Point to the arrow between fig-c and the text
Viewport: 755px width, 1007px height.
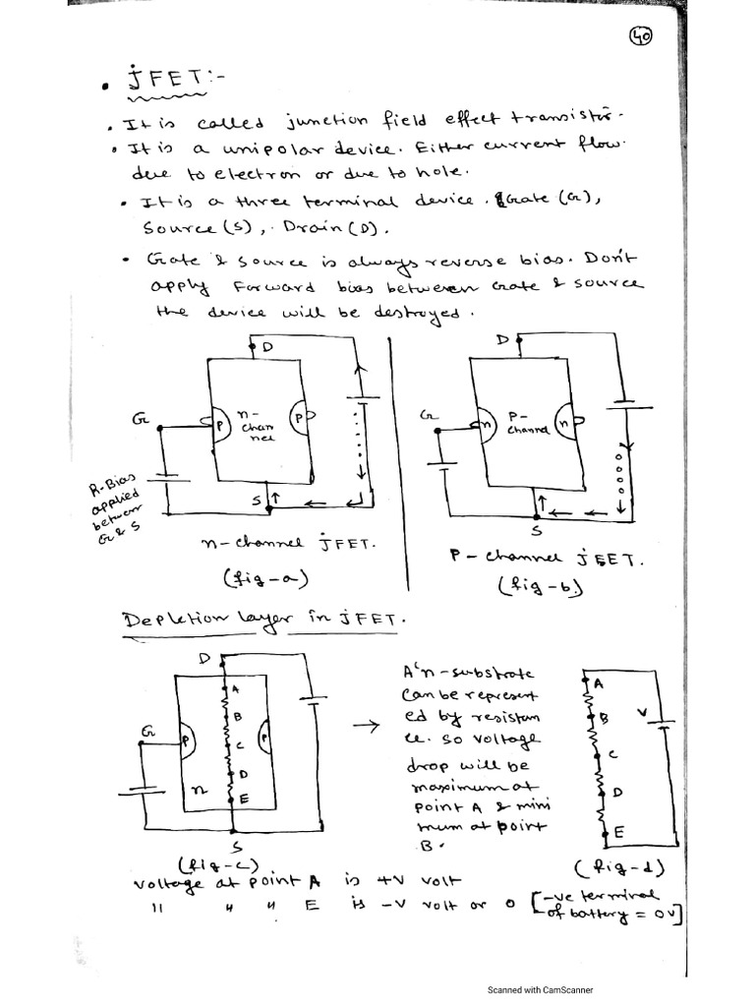click(x=367, y=728)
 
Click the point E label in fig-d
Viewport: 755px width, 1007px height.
click(x=619, y=833)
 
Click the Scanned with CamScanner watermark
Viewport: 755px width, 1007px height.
click(x=541, y=990)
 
